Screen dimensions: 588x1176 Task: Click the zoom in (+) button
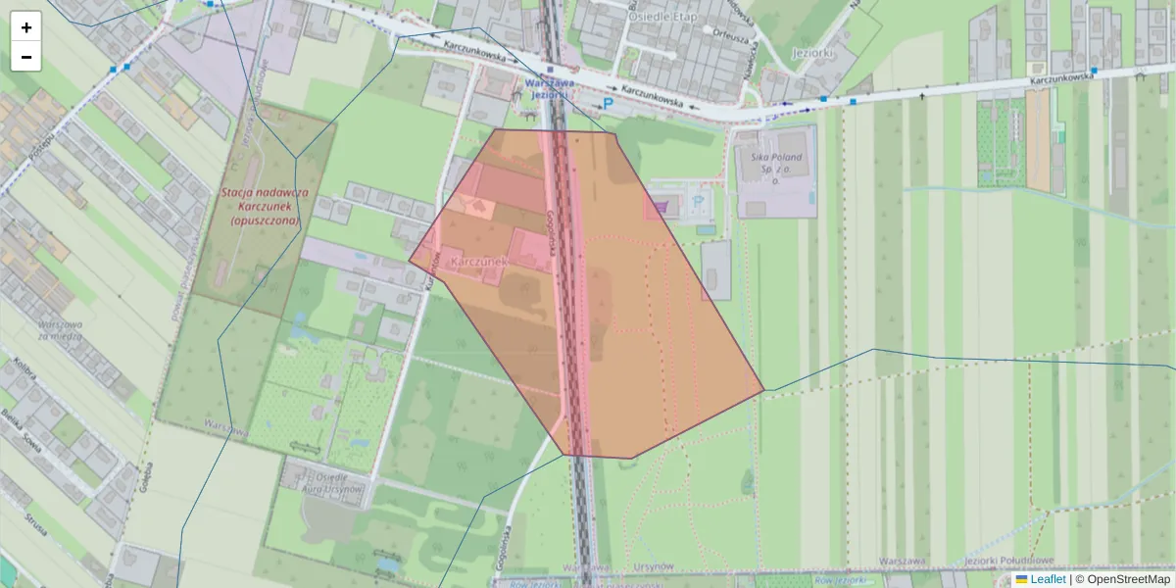point(26,27)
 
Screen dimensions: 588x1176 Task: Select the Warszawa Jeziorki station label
point(547,89)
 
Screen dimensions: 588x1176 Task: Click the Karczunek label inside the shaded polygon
point(477,263)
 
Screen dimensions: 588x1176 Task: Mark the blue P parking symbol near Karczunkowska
point(608,103)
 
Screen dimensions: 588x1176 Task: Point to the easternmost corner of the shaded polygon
point(763,391)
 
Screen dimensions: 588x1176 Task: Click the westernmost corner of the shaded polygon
point(410,260)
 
